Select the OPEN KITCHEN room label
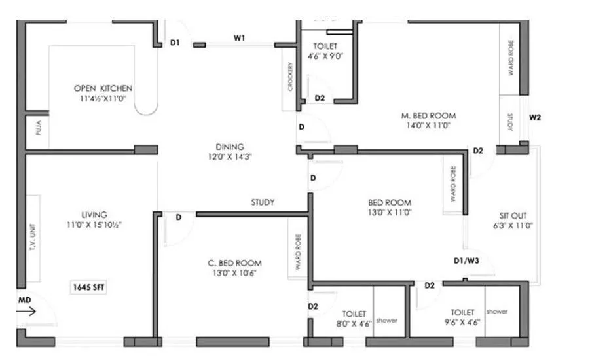[x=103, y=88]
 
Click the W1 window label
[x=239, y=39]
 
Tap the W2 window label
[x=535, y=118]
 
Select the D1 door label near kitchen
[x=175, y=44]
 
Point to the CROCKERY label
[x=289, y=78]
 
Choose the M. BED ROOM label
[x=428, y=116]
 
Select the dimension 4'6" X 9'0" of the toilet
[x=325, y=56]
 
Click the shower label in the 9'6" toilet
[x=497, y=312]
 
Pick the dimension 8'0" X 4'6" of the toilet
[x=354, y=323]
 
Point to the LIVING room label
[x=94, y=215]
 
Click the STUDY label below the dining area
[x=263, y=202]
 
